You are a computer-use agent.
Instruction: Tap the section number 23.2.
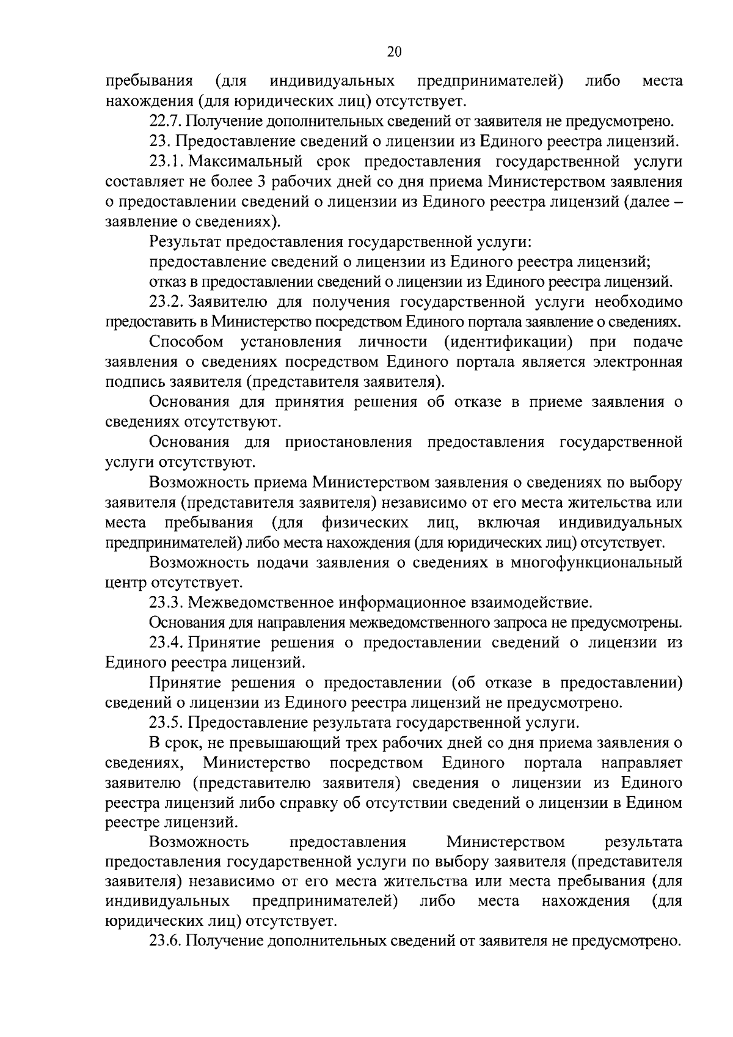click(x=166, y=302)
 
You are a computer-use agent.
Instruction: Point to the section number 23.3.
click(x=166, y=603)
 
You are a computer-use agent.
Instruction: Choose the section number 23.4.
click(x=166, y=642)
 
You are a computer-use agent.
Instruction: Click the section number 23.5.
click(x=166, y=723)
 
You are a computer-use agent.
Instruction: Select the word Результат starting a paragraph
click(x=186, y=242)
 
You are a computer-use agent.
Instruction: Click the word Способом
click(x=186, y=342)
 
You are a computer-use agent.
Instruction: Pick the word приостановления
click(x=346, y=442)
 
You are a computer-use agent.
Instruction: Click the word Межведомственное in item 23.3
click(x=252, y=603)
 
